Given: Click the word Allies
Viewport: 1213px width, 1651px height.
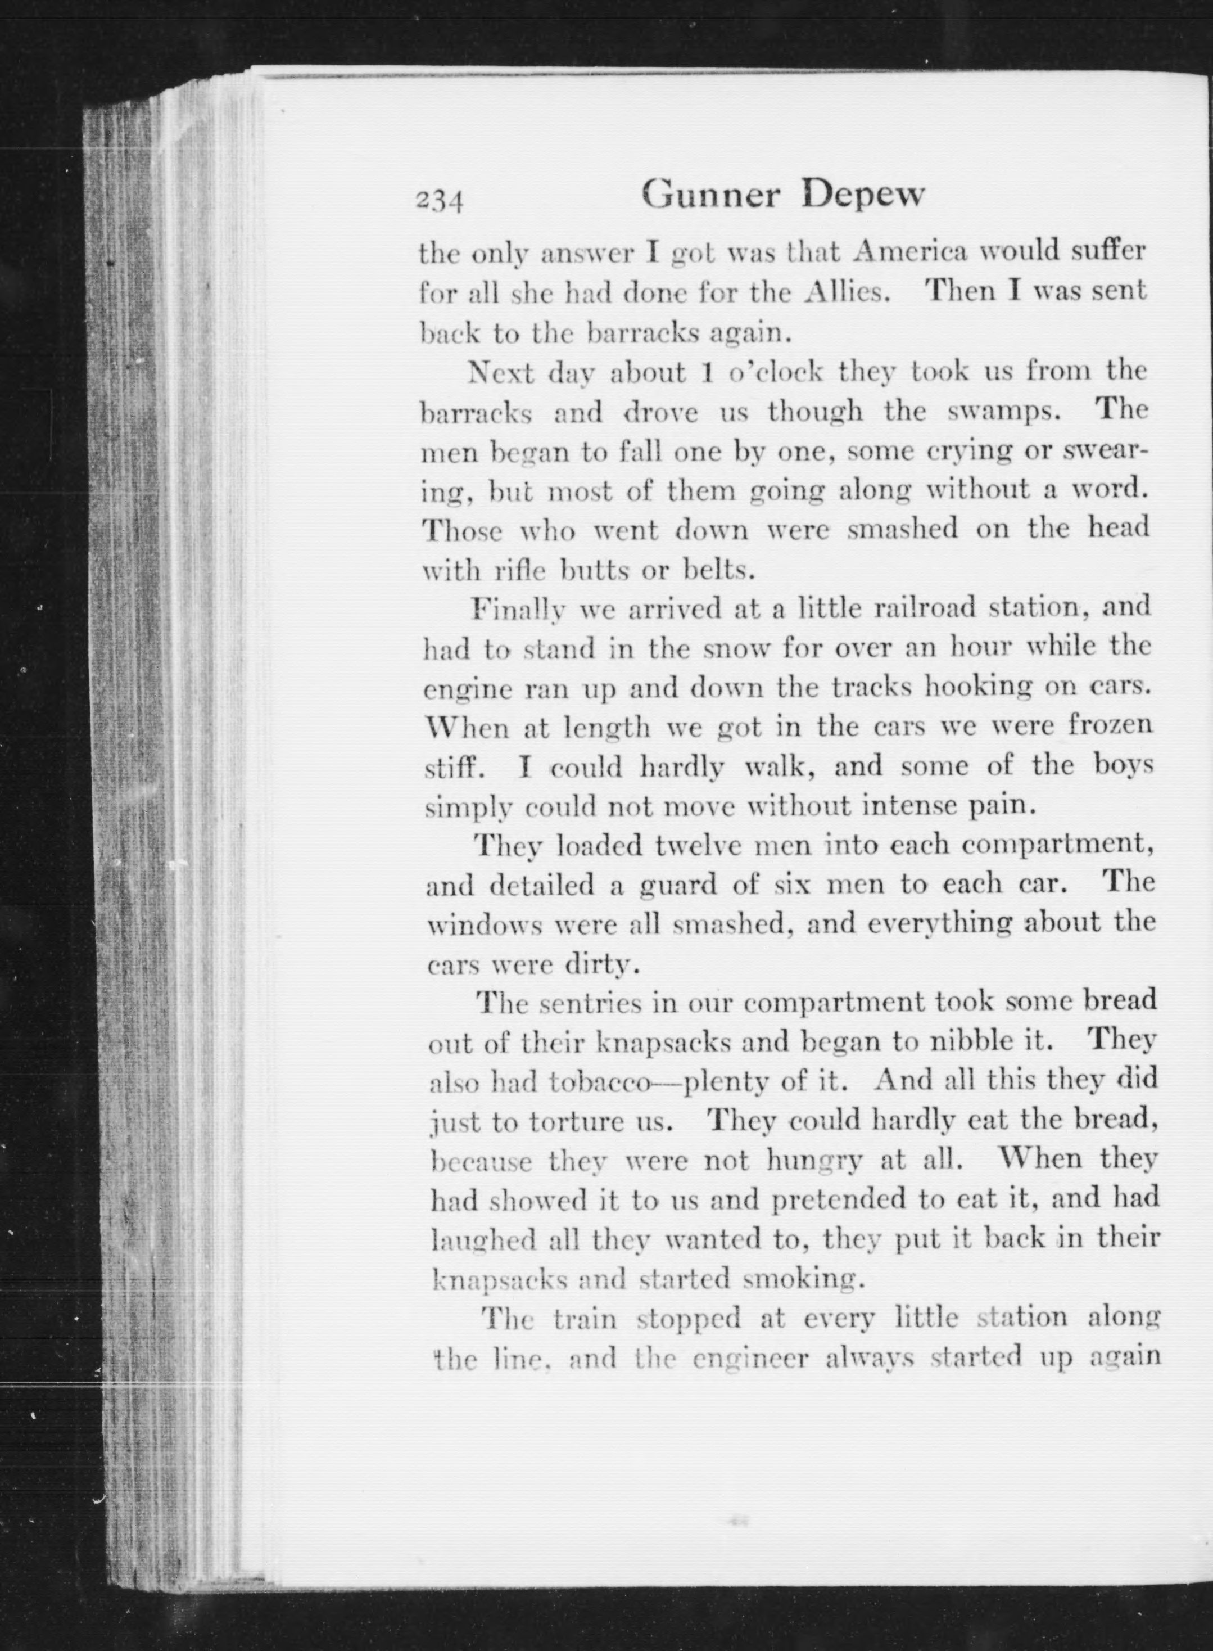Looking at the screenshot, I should pos(848,293).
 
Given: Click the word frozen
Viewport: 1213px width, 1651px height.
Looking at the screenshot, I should pos(1110,727).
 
